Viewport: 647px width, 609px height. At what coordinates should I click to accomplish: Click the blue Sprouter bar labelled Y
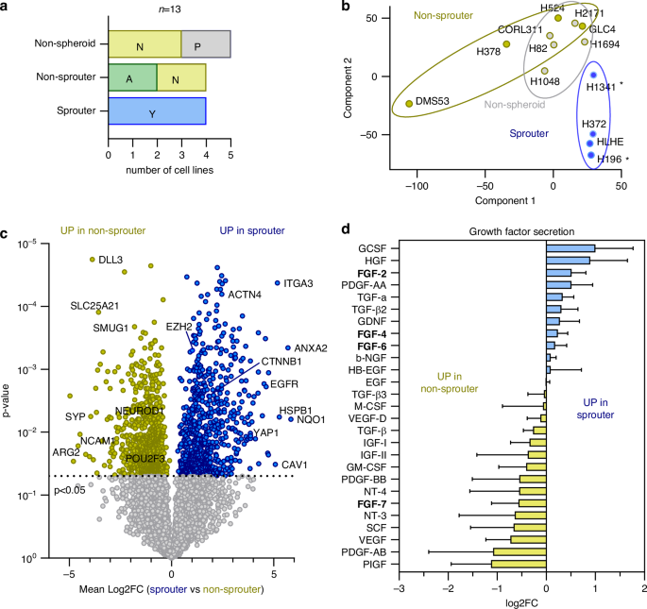[x=157, y=112]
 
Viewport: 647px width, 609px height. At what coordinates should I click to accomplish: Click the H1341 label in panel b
[x=600, y=87]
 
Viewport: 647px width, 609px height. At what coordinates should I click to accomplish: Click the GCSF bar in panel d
[x=570, y=248]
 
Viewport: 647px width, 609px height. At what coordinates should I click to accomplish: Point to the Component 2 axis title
[x=350, y=89]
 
